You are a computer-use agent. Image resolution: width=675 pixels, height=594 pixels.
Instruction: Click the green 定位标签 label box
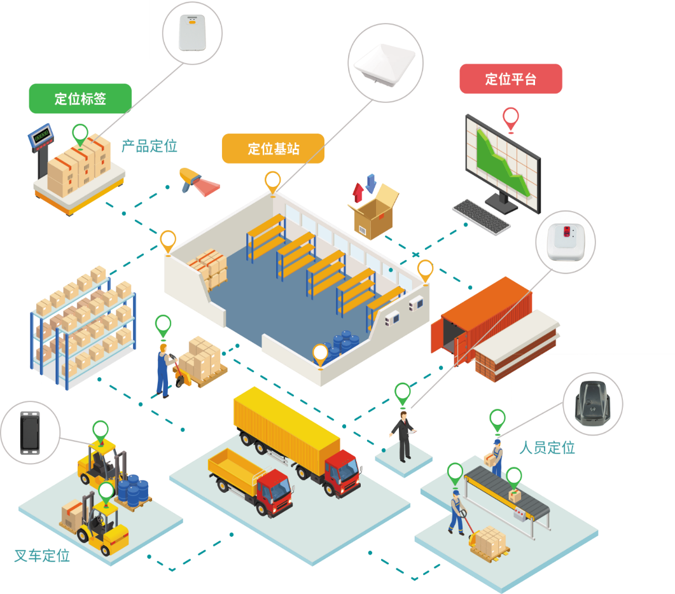pos(80,99)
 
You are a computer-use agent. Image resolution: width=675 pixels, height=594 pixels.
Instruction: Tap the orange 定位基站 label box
pos(273,149)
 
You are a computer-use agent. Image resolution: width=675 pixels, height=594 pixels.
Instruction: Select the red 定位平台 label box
pos(511,79)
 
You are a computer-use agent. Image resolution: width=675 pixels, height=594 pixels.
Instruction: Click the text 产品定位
pos(150,146)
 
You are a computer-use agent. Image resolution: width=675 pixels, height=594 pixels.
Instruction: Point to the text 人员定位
pos(547,448)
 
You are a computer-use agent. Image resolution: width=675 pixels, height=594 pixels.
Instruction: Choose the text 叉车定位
pos(42,555)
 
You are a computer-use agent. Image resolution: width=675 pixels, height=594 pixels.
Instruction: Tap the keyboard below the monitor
pos(482,216)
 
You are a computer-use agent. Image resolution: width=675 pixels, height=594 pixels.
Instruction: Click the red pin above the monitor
pos(510,118)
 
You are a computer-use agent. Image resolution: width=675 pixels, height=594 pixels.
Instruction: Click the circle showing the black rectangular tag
pos(29,432)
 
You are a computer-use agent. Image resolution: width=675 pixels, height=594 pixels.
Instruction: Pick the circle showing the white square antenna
pos(386,62)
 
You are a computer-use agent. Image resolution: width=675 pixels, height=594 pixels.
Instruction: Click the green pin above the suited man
pos(403,392)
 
